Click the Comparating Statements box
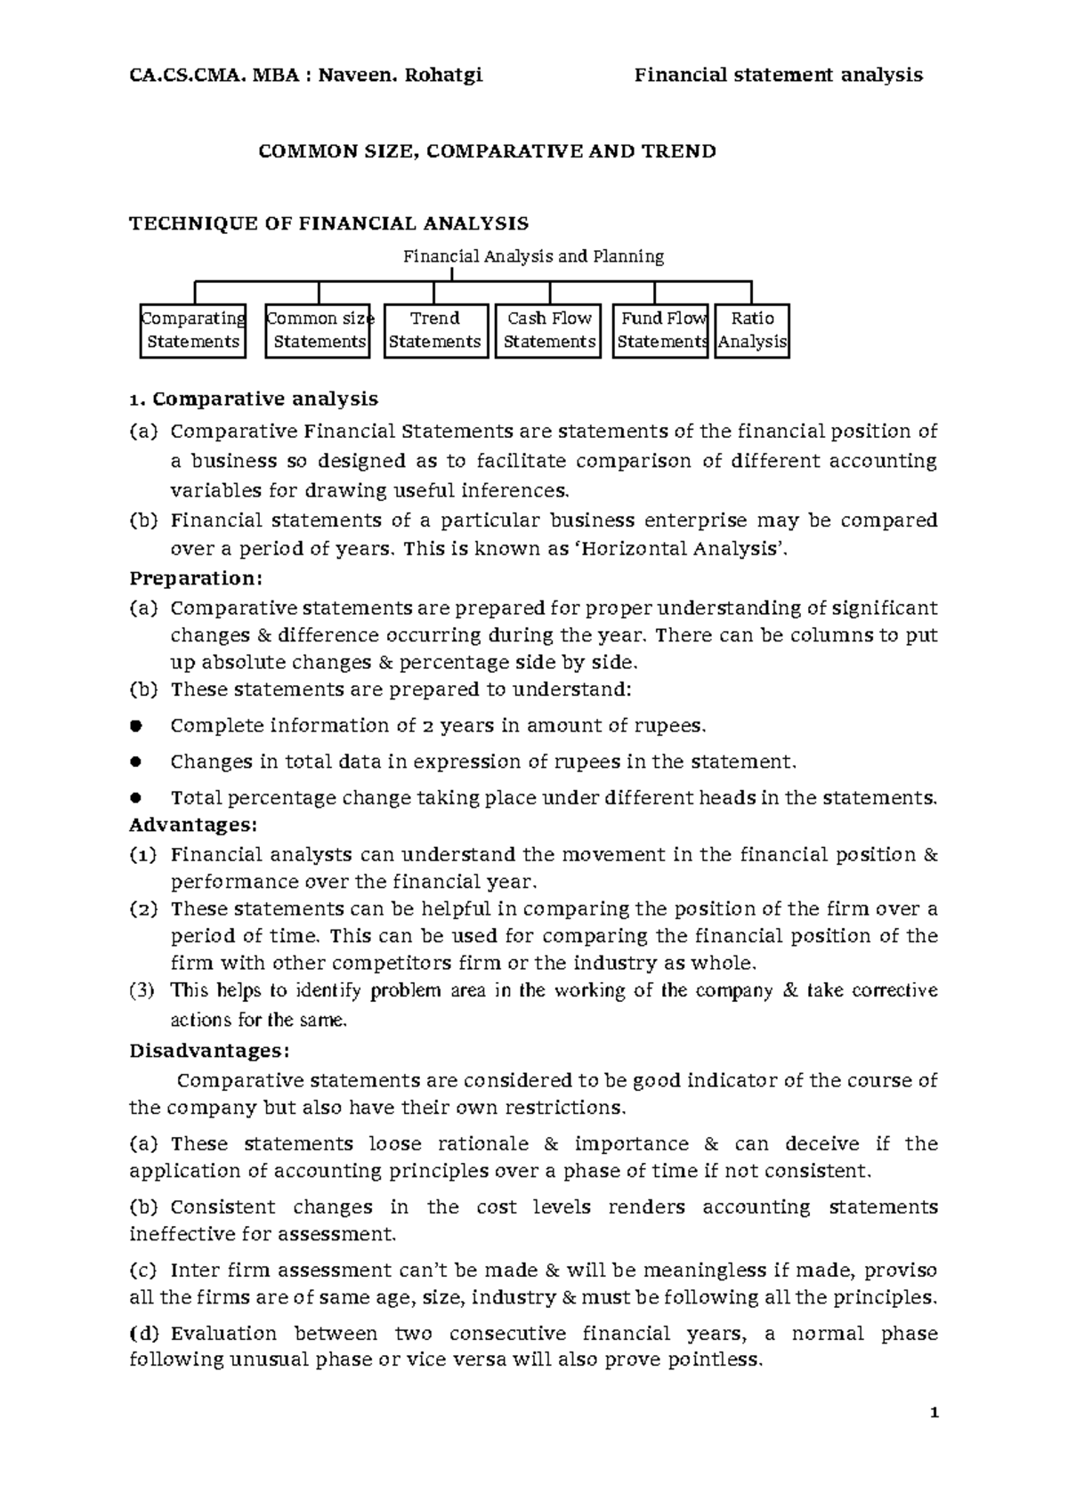click(x=192, y=330)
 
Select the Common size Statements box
click(x=318, y=330)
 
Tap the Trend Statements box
click(x=435, y=330)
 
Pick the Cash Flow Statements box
click(x=549, y=330)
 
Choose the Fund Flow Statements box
click(x=660, y=330)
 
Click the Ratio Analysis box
click(x=752, y=330)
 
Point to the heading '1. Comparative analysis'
click(x=254, y=398)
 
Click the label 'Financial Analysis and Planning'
click(x=534, y=256)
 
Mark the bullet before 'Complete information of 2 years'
click(x=136, y=726)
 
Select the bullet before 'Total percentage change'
click(x=136, y=798)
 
